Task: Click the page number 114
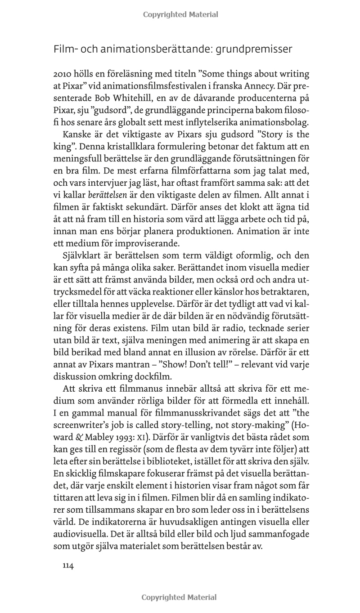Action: coord(67,566)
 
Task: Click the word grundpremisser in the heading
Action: coord(254,49)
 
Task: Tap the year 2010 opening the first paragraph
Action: coord(63,74)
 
